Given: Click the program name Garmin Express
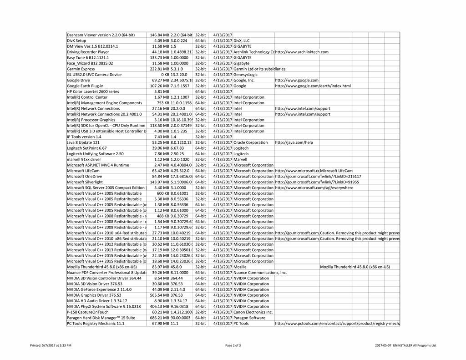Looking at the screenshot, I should (81, 69).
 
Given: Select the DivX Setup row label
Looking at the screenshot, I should (76, 41).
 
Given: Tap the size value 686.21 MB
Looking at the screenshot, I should (160, 318).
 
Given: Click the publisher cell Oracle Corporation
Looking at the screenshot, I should (251, 142).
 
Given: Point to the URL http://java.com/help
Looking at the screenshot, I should (294, 142).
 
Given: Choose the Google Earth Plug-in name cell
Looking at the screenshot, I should (85, 86).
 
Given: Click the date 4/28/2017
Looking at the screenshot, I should (223, 238).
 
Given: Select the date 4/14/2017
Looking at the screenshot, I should (223, 182).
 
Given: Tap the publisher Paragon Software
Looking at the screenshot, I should (249, 318).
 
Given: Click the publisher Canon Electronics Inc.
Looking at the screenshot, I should (253, 312).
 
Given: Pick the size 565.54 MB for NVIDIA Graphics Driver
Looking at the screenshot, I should (160, 295).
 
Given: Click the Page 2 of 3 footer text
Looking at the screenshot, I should (233, 345).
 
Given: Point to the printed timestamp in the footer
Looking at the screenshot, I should (51, 345).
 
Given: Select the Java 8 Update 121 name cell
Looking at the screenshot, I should (83, 142).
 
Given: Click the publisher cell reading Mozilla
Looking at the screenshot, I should (240, 267).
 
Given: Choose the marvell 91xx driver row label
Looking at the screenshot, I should (84, 160).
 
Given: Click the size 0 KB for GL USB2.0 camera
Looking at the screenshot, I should (165, 75).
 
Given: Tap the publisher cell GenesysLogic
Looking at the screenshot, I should (245, 75).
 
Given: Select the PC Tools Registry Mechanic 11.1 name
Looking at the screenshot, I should (96, 324).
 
